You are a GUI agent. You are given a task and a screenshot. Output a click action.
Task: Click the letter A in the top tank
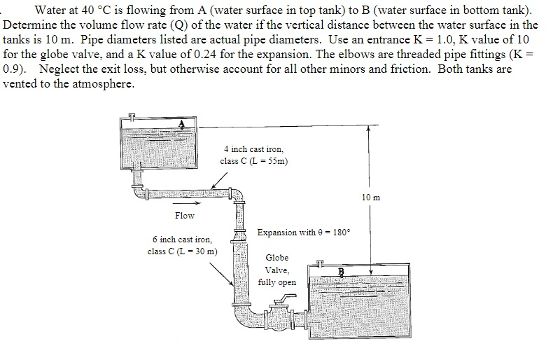[182, 124]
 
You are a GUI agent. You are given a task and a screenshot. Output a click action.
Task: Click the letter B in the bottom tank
[342, 271]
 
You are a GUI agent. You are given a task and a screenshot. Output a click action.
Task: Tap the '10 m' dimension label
[372, 198]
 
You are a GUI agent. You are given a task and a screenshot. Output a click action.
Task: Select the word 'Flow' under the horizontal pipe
[185, 216]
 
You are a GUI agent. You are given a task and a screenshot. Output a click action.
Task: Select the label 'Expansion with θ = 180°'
[304, 232]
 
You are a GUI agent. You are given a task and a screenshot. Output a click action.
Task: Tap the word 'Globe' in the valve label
[276, 258]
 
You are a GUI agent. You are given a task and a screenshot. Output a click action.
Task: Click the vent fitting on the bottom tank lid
[321, 263]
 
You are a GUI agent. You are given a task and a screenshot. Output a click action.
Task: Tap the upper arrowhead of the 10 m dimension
[368, 129]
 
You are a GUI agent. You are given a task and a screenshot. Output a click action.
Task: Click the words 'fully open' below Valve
[277, 283]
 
